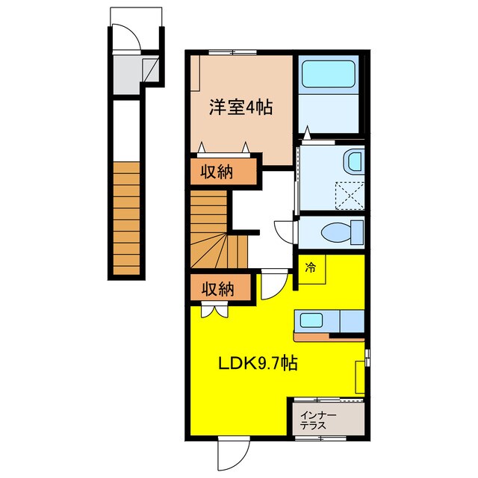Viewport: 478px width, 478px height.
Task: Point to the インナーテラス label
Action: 318,420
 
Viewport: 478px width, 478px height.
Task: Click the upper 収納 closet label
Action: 217,172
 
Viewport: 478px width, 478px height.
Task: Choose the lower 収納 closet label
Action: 217,288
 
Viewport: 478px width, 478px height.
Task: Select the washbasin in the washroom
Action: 354,161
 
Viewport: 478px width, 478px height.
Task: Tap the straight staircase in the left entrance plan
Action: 127,217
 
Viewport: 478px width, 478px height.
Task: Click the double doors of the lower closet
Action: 212,310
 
